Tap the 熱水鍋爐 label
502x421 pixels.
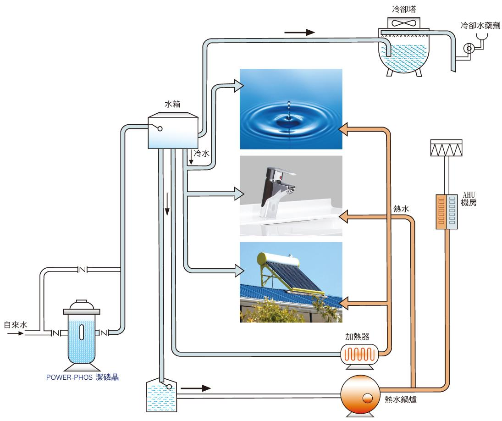(400, 399)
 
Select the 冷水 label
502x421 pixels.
(202, 154)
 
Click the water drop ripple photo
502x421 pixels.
(291, 109)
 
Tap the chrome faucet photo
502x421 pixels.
(291, 195)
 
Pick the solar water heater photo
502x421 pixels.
(291, 282)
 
